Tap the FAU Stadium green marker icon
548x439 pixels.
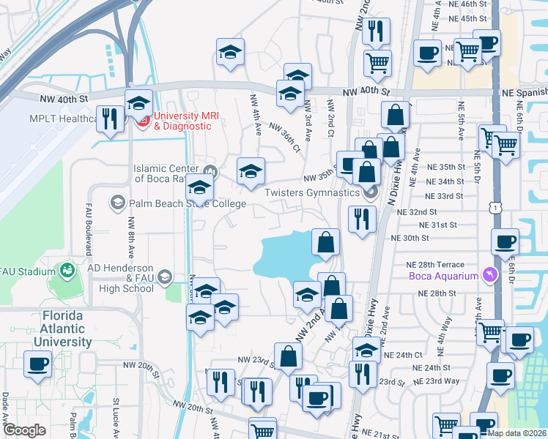click(67, 271)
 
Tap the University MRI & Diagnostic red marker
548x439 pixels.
click(143, 119)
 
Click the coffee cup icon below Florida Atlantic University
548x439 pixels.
click(37, 364)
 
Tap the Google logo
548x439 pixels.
click(24, 430)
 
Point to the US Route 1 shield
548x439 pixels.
click(498, 209)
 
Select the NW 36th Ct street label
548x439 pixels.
click(284, 137)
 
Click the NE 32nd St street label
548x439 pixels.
click(416, 211)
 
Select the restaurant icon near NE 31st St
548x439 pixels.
click(361, 218)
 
